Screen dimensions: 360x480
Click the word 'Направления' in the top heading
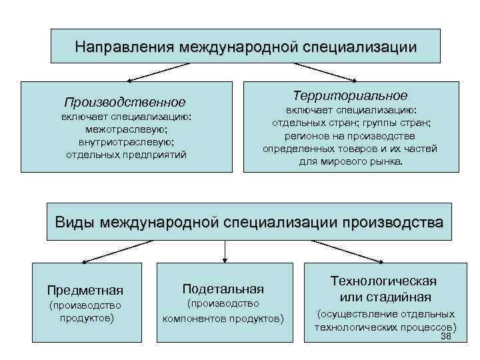[123, 47]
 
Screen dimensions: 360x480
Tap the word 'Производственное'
[125, 102]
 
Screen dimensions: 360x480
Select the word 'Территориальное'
[351, 95]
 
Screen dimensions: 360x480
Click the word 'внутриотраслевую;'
[125, 142]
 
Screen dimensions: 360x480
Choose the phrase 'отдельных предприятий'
[125, 155]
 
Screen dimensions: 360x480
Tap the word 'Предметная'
[85, 290]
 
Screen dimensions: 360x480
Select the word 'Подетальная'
[223, 289]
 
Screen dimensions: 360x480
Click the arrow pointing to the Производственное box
[160, 72]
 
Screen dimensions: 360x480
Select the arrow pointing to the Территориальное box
[323, 72]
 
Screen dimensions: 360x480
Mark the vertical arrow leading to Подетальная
[225, 251]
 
